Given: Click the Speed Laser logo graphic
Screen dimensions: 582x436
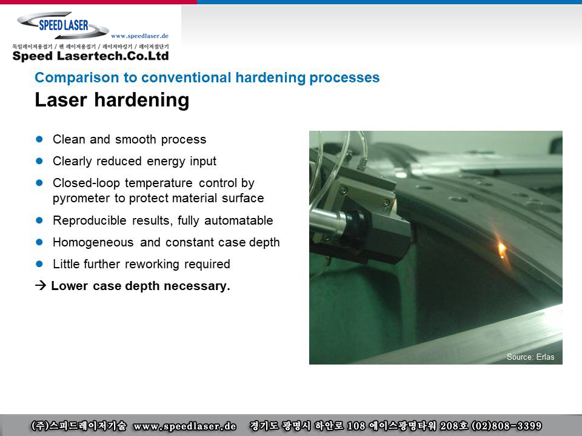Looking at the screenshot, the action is click(63, 25).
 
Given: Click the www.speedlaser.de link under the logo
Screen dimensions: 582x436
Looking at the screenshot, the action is click(139, 36).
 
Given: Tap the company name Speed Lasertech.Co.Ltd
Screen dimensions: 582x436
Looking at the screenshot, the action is click(90, 56).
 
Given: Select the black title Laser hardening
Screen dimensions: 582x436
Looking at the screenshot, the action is click(112, 100).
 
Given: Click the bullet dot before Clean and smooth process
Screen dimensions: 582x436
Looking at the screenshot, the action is click(39, 139).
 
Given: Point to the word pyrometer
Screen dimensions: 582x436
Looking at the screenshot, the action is click(81, 199).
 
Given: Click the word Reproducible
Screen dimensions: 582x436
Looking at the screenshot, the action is click(90, 220).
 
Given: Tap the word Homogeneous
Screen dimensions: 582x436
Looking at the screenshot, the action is click(93, 242).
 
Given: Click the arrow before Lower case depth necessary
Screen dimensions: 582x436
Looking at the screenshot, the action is click(41, 285).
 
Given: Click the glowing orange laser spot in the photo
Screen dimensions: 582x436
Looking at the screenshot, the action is click(501, 248).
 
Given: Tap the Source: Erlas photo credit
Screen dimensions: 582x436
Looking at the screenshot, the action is click(530, 357).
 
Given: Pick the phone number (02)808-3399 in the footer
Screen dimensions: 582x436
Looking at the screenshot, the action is click(506, 426).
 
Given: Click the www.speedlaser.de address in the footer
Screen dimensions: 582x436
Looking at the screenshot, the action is click(184, 426).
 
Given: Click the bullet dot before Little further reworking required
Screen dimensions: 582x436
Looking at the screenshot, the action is click(39, 264).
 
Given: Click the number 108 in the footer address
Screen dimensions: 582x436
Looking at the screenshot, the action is click(356, 426).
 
